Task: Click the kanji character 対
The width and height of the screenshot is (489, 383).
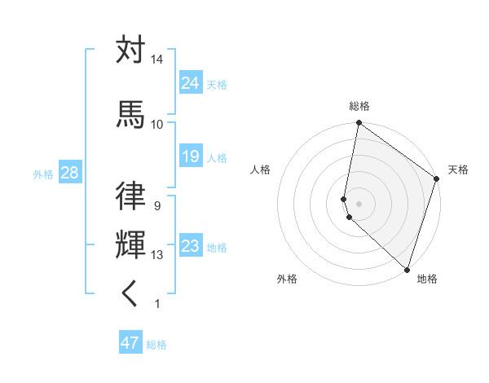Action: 131,51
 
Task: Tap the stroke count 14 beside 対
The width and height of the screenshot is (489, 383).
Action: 157,60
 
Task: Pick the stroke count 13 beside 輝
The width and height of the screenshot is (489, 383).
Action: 157,255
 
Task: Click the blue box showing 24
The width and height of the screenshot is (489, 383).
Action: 191,82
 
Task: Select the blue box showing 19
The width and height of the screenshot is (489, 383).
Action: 191,156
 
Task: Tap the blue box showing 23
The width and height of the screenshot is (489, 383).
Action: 191,245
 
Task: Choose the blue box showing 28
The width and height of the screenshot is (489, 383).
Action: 69,173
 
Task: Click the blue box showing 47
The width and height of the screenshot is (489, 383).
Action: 130,343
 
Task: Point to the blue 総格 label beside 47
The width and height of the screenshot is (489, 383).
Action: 156,345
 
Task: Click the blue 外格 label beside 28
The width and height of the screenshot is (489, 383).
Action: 43,174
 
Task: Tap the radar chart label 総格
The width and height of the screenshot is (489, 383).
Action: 359,106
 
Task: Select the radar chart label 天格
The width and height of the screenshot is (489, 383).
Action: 458,169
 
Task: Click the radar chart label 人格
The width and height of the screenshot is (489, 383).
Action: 261,169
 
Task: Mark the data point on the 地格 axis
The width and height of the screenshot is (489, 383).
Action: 406,269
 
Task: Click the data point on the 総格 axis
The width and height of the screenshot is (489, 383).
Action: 359,124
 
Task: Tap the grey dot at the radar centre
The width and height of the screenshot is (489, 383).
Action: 359,203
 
